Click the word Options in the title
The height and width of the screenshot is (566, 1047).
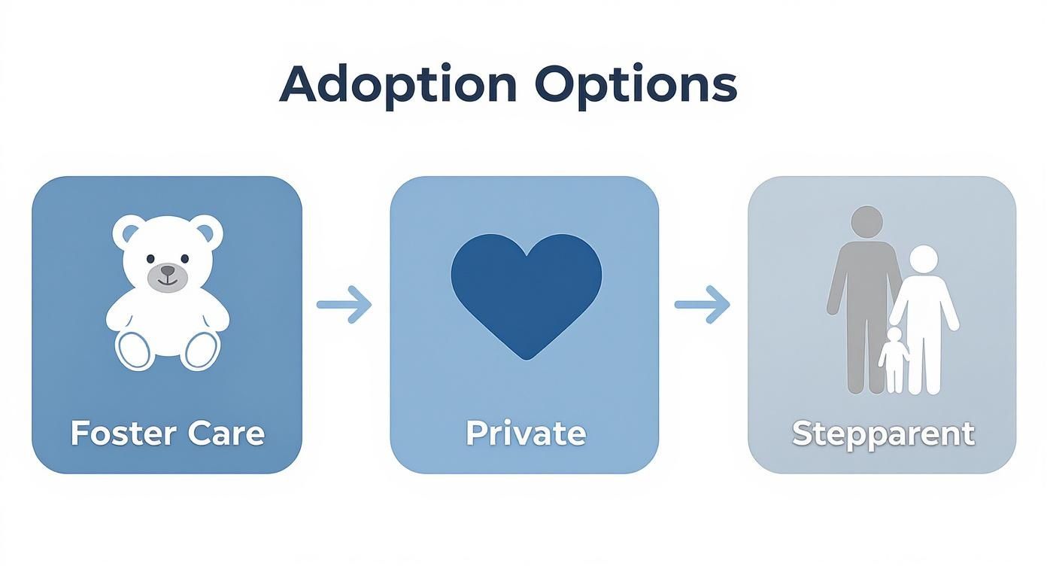click(636, 85)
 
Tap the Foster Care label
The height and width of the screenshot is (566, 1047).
click(167, 434)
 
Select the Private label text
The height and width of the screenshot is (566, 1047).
click(525, 434)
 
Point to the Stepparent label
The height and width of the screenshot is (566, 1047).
click(883, 434)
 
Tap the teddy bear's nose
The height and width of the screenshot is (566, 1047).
click(167, 270)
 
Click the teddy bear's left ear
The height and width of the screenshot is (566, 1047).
click(129, 231)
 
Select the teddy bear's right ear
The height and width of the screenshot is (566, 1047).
click(206, 230)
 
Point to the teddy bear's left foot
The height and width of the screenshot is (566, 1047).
click(135, 350)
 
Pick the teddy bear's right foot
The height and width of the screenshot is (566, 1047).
click(201, 350)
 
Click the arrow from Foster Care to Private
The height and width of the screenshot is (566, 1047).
click(344, 305)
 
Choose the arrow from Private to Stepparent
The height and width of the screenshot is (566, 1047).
click(702, 305)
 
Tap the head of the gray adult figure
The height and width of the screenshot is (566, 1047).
click(866, 222)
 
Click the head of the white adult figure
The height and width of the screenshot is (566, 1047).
click(924, 260)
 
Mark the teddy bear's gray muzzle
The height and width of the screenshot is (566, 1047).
click(167, 277)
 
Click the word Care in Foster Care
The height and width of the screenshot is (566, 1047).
click(226, 434)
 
